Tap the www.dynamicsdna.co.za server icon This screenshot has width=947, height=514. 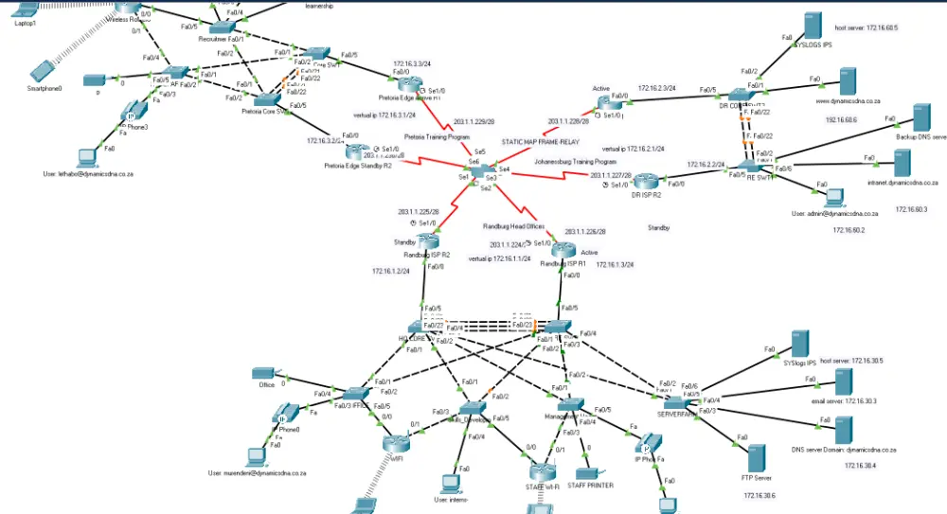(x=848, y=80)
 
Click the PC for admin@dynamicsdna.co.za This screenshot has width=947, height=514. (x=835, y=197)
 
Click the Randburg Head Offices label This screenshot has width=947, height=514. (x=514, y=227)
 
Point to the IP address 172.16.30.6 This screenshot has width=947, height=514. (x=759, y=495)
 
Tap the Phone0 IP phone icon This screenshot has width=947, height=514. (x=286, y=415)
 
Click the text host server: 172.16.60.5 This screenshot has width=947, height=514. (x=867, y=28)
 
